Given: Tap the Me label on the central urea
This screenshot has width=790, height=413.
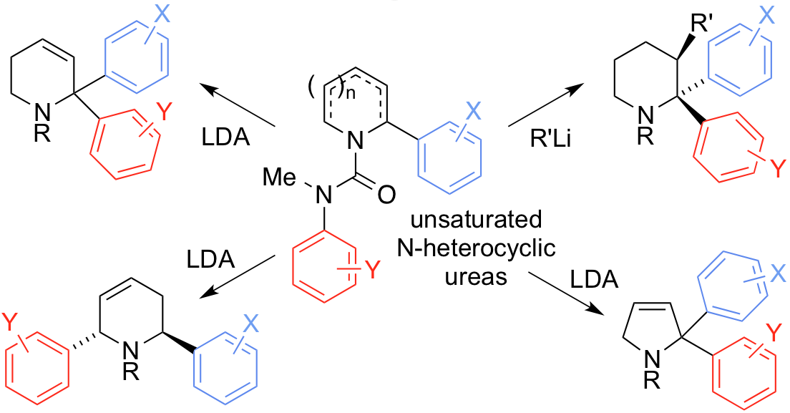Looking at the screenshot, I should (281, 176).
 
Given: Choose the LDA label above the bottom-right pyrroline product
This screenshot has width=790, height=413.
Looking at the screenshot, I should (593, 279).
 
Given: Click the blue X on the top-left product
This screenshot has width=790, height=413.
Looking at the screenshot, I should (162, 14).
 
